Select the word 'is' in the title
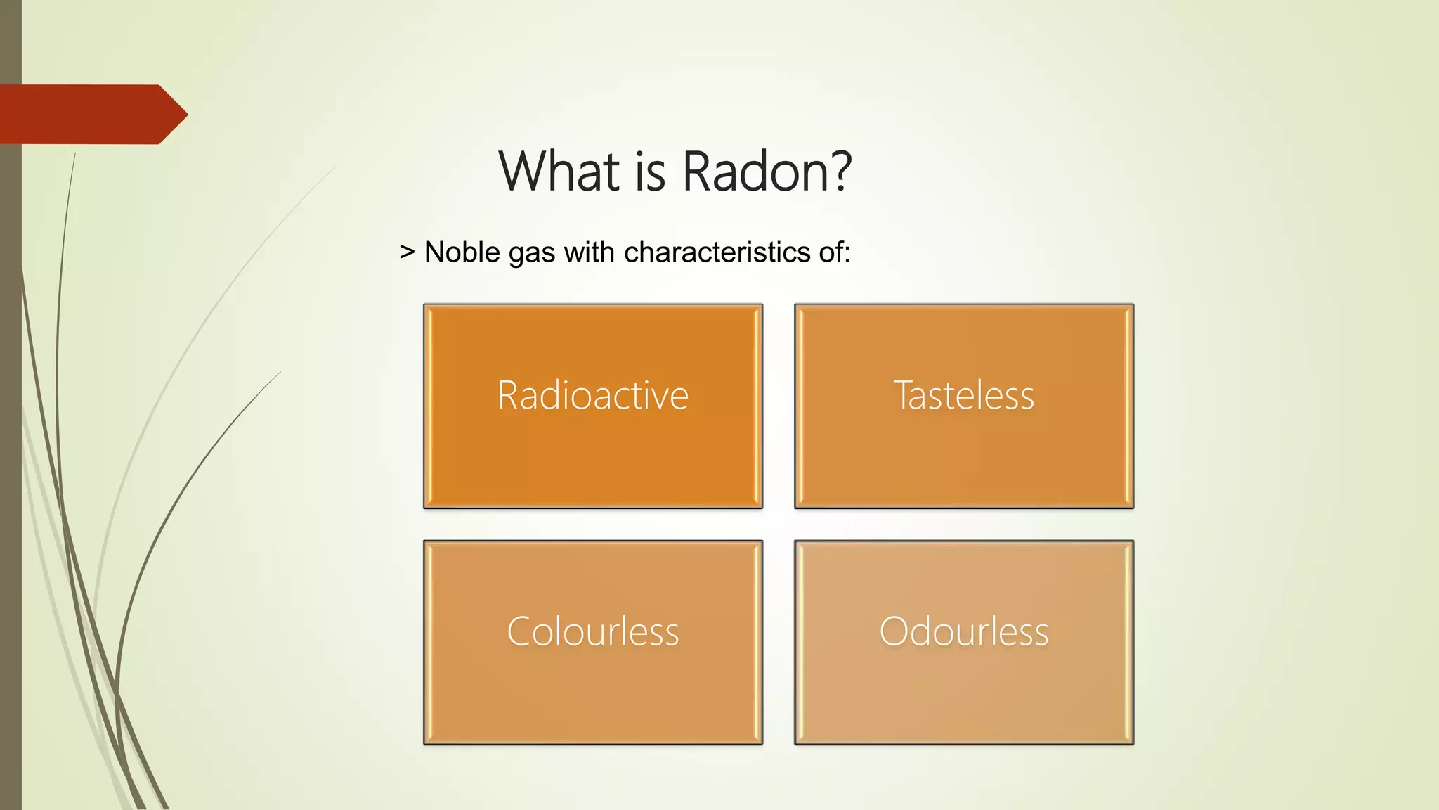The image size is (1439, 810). point(650,173)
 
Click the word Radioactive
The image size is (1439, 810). point(592,395)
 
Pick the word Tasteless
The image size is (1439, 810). point(964,395)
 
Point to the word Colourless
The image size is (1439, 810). point(592,631)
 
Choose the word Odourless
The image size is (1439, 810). point(964,631)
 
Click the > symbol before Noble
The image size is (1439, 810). point(407,252)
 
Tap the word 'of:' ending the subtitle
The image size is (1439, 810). point(834,252)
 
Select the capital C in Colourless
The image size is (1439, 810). point(520,631)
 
